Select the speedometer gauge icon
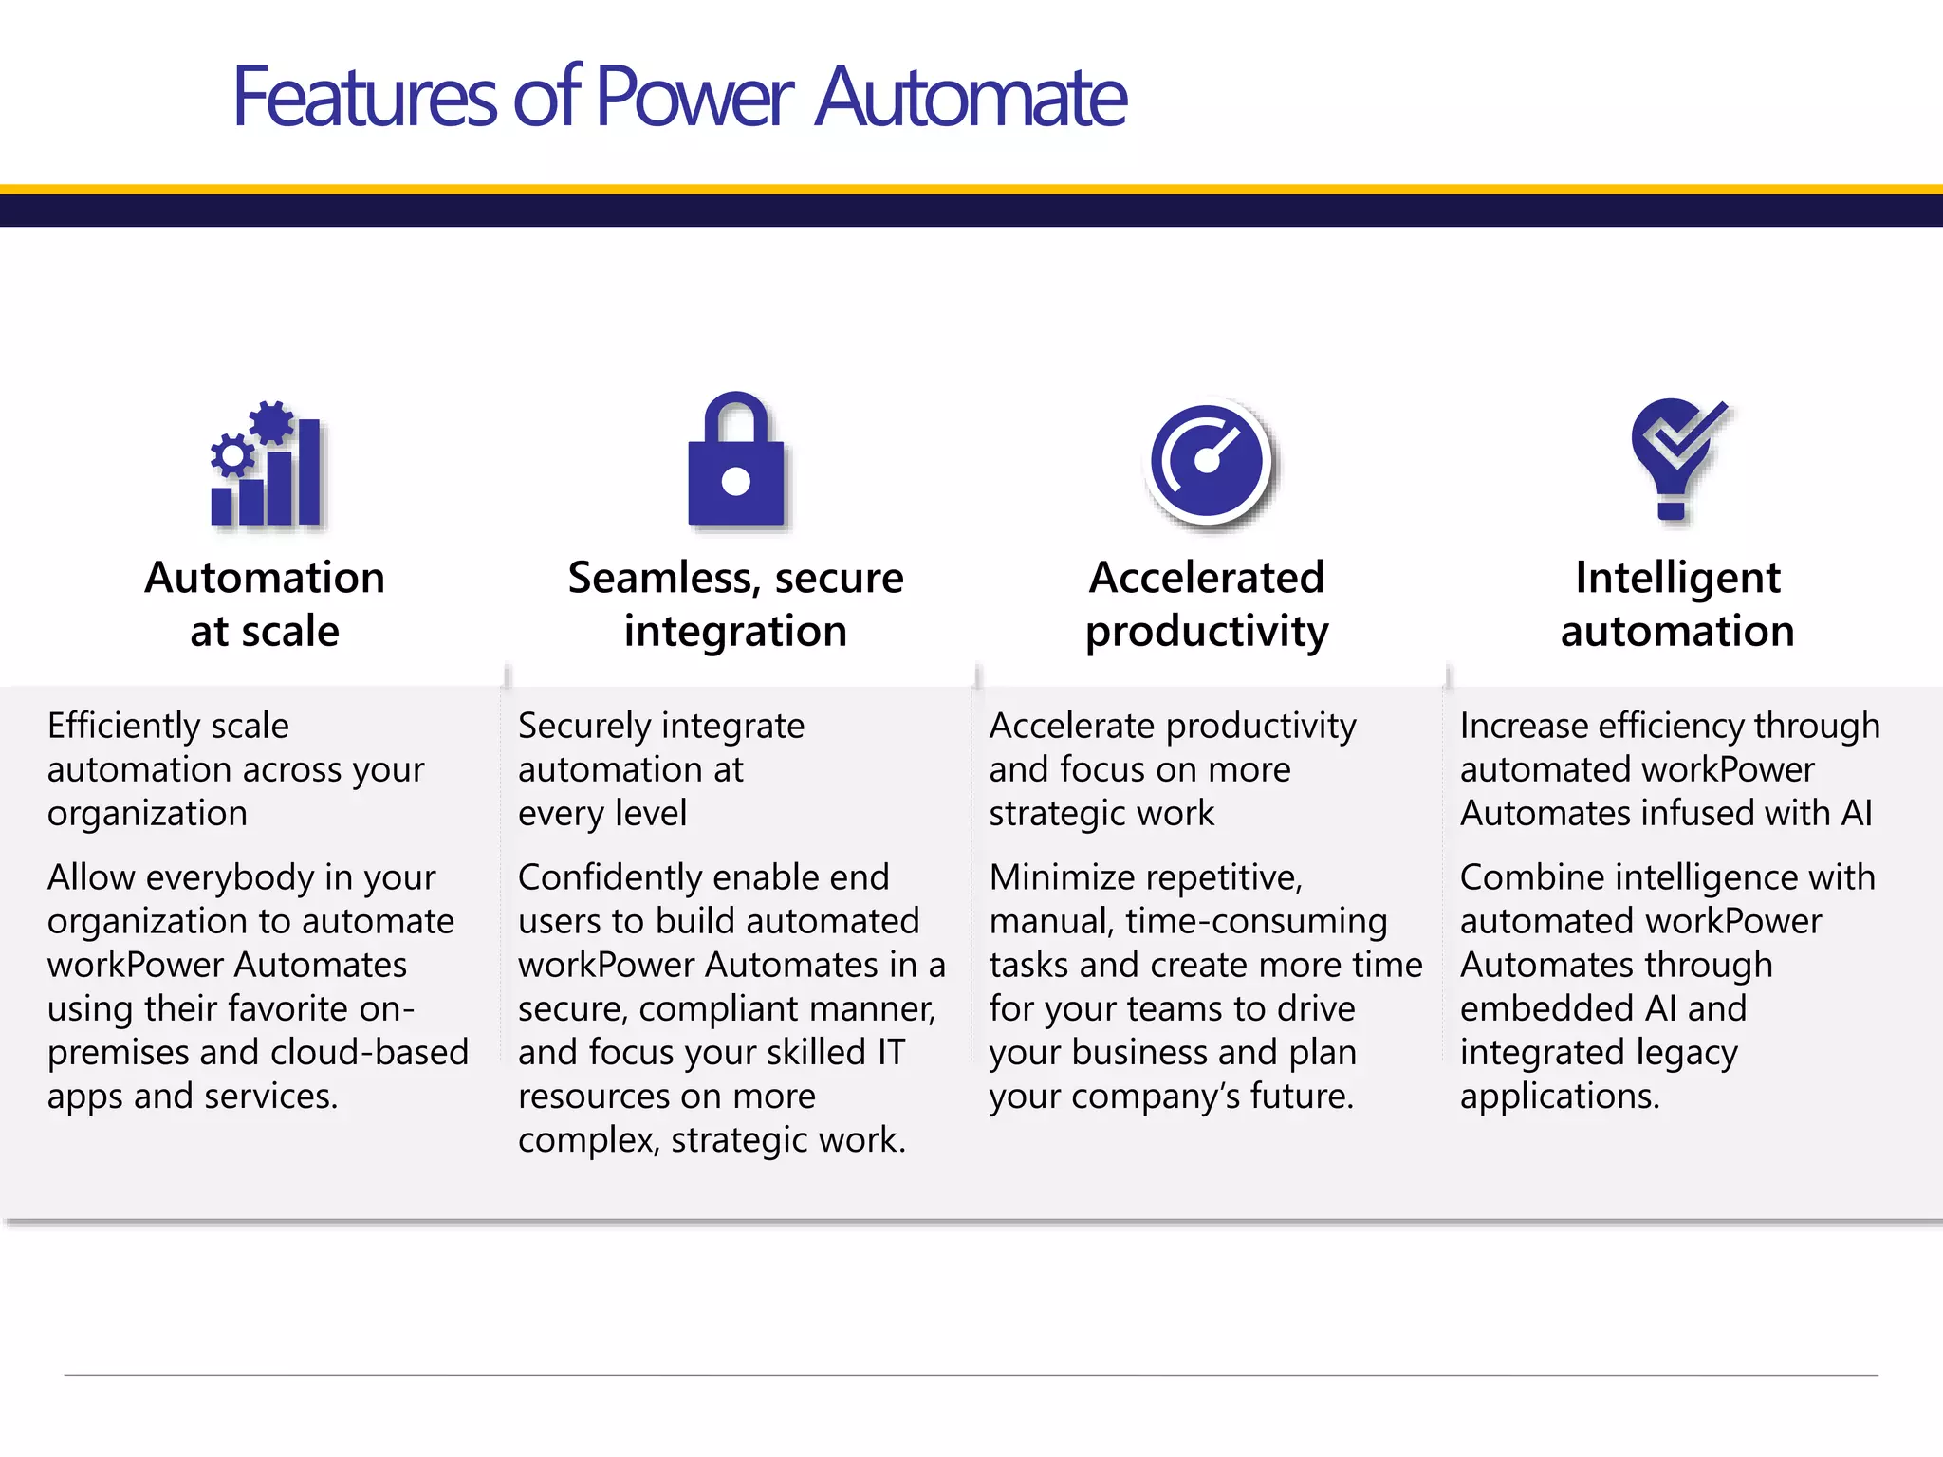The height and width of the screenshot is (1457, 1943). (x=1207, y=462)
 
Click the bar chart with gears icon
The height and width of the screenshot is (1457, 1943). (x=266, y=465)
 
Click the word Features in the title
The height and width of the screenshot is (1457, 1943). (x=364, y=97)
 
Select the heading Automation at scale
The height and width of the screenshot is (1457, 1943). (x=265, y=604)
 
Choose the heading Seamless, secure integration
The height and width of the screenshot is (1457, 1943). (x=735, y=604)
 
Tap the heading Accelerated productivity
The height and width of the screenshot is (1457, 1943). (x=1207, y=604)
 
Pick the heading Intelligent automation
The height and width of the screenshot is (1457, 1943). (x=1677, y=604)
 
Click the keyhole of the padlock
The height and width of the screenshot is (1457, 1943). (x=735, y=481)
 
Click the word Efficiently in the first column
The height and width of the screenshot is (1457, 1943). (x=123, y=727)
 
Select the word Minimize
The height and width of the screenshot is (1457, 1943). (x=1051, y=878)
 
